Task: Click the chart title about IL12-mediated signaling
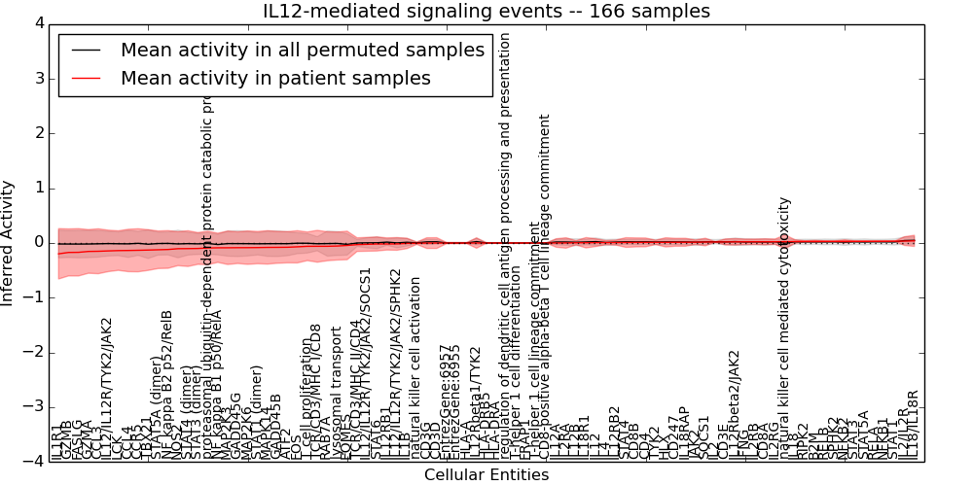[486, 11]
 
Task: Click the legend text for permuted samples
[302, 51]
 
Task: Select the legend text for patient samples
[275, 79]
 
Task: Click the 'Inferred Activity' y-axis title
[9, 243]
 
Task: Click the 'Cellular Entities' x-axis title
[486, 475]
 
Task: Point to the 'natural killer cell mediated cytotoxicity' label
[785, 330]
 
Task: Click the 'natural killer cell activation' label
[415, 369]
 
